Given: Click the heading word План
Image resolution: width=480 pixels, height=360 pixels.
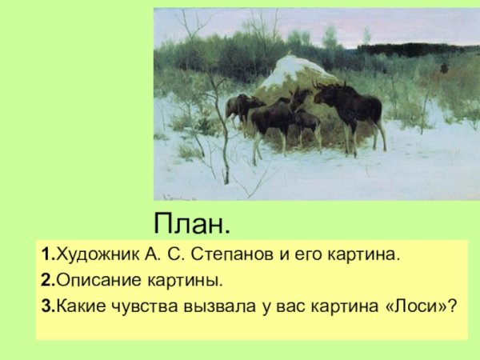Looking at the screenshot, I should [192, 222].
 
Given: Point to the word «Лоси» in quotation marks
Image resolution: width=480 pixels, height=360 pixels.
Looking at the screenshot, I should [420, 306].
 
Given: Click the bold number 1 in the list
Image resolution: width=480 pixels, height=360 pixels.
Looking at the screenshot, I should [47, 255].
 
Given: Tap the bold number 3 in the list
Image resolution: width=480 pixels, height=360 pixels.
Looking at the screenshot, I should [47, 306].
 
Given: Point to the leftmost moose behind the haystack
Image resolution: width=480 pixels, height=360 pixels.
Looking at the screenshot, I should [239, 106].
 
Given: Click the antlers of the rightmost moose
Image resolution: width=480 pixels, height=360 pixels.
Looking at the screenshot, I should [324, 84].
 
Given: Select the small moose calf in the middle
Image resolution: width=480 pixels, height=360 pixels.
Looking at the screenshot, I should [306, 122].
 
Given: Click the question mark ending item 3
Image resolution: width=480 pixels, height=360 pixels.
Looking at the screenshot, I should [462, 306].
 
